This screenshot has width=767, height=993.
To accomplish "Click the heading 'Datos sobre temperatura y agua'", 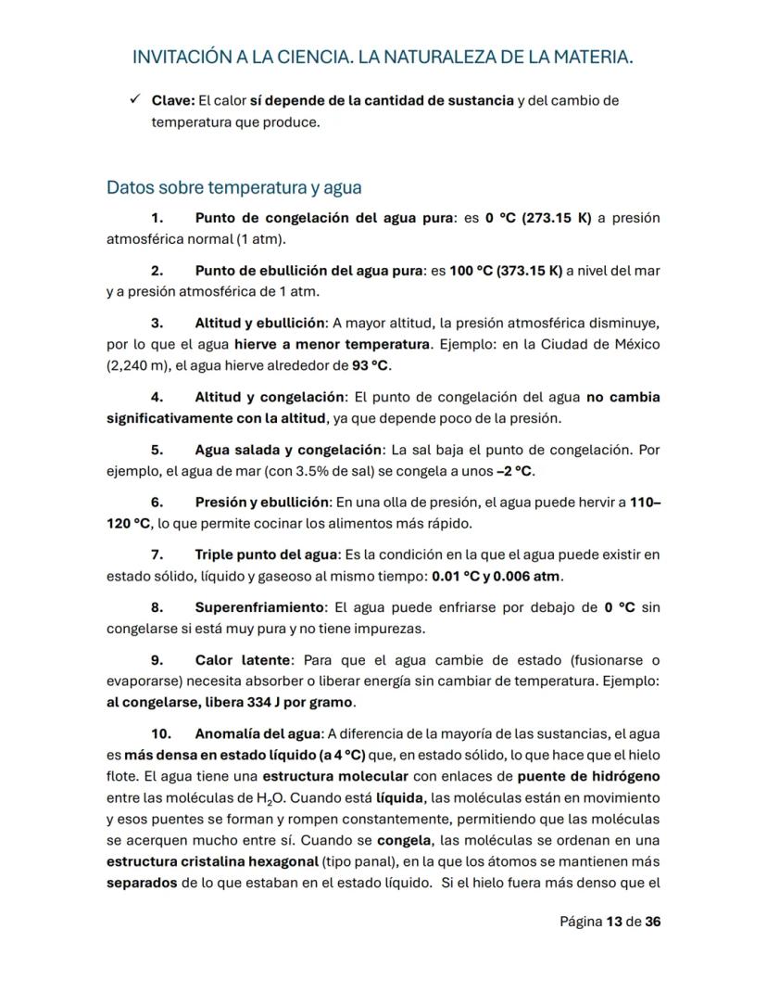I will (233, 187).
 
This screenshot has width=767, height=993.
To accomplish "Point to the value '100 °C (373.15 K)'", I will (506, 271).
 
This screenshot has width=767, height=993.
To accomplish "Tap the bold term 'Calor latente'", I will (244, 660).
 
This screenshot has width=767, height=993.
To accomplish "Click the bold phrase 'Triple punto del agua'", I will (267, 554).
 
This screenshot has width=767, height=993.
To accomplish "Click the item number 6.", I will (157, 502).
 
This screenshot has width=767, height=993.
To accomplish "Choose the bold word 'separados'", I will (142, 883).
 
